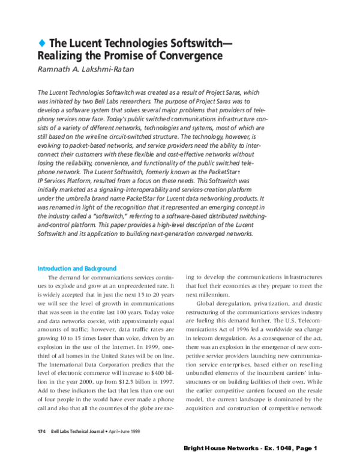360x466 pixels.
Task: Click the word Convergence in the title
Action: point(187,56)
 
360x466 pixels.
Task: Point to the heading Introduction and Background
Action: point(77,268)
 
